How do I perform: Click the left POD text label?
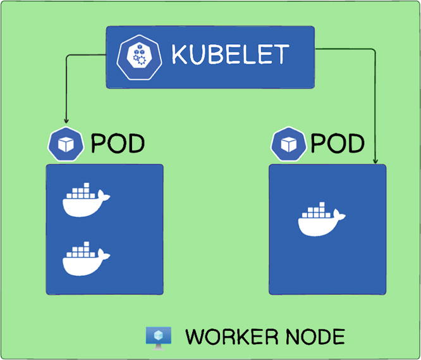tap(117, 144)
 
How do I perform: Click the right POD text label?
tap(338, 144)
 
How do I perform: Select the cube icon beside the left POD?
tap(66, 144)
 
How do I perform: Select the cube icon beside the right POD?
tap(289, 144)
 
